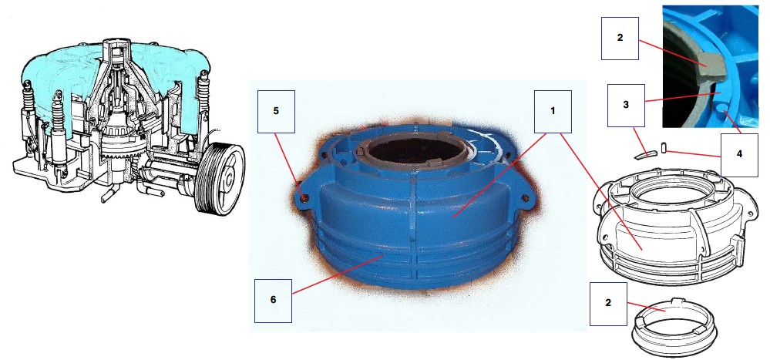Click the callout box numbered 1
pyautogui.click(x=553, y=112)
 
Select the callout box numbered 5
pyautogui.click(x=276, y=112)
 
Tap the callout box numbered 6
pyautogui.click(x=274, y=301)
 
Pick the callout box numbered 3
pyautogui.click(x=626, y=106)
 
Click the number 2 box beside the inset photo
pyautogui.click(x=620, y=39)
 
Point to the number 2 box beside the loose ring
pyautogui.click(x=608, y=304)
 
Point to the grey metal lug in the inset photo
pyautogui.click(x=711, y=67)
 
